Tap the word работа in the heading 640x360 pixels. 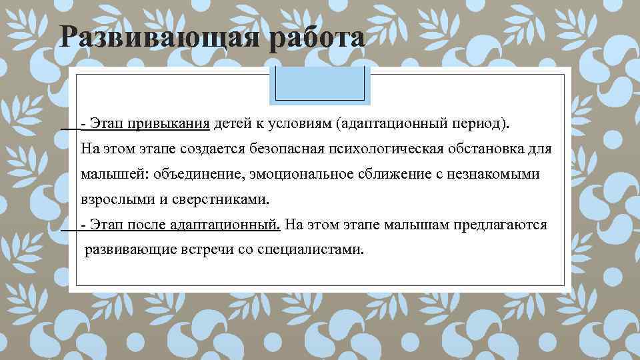point(317,38)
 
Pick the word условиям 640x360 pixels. point(300,123)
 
